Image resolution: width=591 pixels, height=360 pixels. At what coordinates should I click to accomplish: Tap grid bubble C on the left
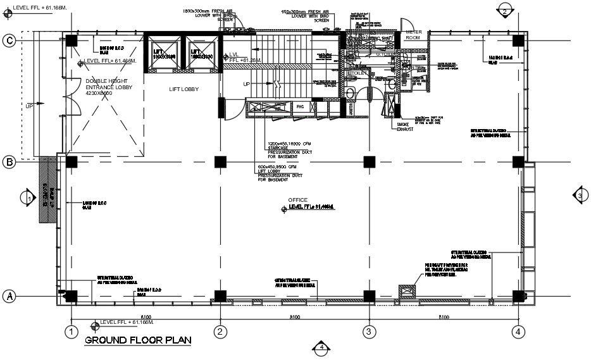tap(9, 40)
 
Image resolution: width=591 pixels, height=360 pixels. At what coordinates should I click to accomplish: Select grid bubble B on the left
tap(9, 162)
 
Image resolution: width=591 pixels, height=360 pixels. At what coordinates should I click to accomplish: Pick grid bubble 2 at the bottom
tap(220, 331)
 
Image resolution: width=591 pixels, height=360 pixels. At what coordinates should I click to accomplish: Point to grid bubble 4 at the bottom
tap(518, 331)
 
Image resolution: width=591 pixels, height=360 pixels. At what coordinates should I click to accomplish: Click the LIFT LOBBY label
tap(184, 89)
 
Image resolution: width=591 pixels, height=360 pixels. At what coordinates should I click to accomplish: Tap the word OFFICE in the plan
tap(297, 200)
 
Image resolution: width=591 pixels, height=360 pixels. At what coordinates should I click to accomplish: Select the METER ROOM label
tap(413, 34)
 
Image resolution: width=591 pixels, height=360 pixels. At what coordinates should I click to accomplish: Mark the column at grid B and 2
tap(220, 161)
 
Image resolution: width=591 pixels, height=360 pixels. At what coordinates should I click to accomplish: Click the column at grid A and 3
tap(369, 295)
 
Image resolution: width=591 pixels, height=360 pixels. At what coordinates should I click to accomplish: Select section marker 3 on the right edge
tap(579, 196)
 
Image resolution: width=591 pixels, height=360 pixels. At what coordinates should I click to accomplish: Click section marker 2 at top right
tap(504, 10)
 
